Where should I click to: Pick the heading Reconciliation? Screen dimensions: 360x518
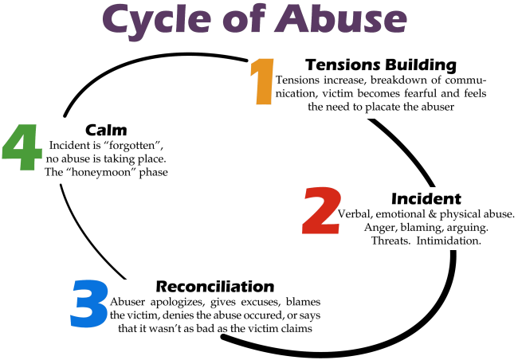click(x=215, y=286)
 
